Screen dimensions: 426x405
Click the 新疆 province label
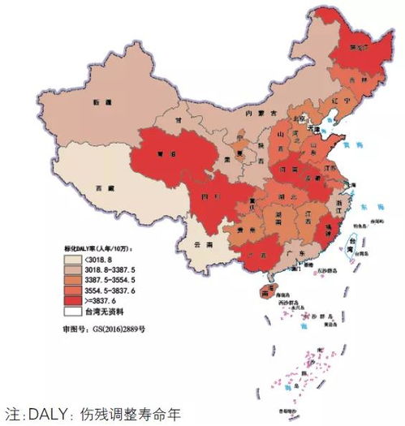pyautogui.click(x=102, y=103)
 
